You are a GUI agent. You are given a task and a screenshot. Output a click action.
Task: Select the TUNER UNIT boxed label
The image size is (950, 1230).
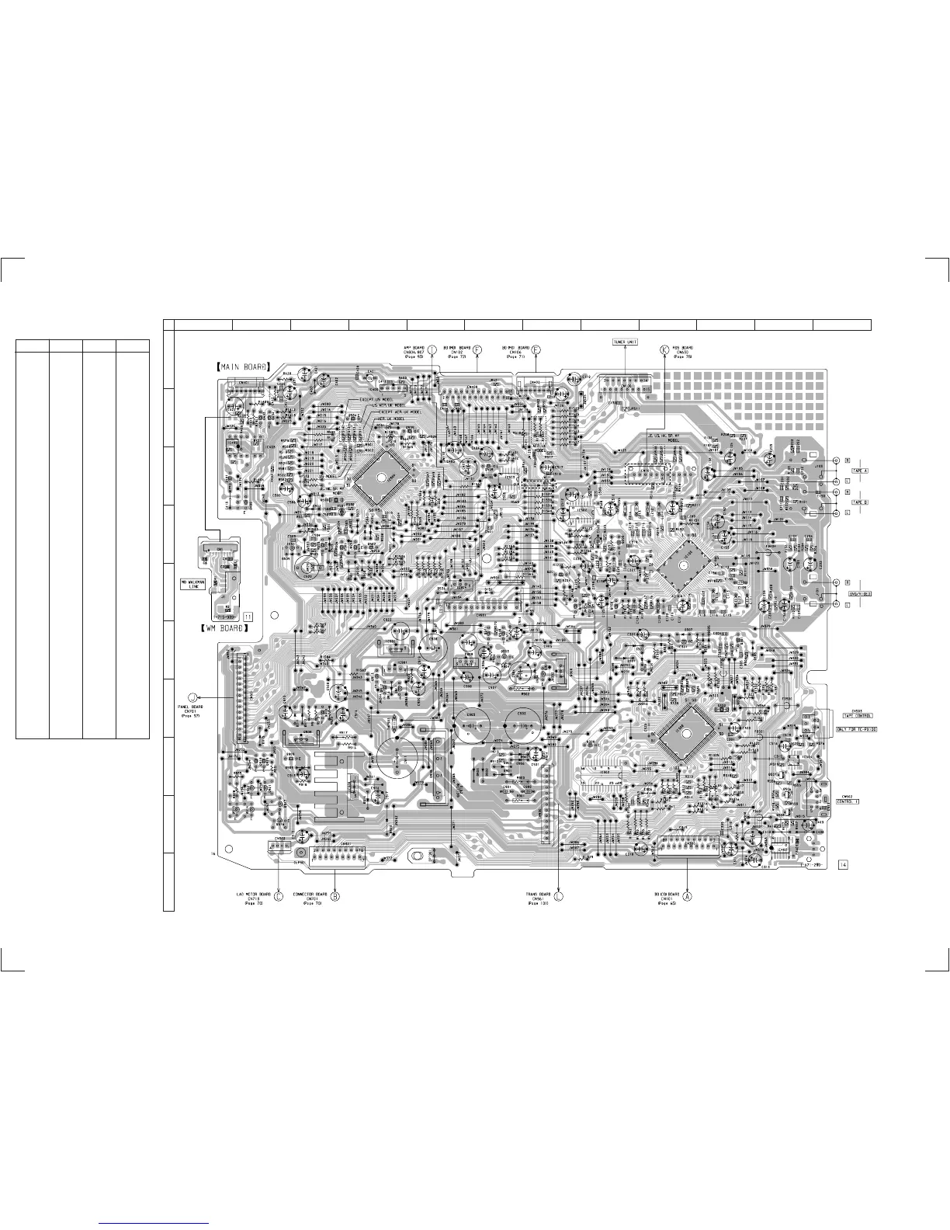point(626,341)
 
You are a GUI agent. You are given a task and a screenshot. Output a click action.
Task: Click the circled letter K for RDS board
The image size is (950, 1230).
point(664,349)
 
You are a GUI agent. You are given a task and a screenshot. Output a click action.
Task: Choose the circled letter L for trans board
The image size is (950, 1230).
point(559,895)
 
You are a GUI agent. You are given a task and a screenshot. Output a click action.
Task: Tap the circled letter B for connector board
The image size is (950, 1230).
point(335,895)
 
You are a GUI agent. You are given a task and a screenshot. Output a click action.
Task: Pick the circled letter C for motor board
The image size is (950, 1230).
point(277,895)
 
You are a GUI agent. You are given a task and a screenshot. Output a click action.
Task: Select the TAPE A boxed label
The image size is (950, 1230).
point(860,471)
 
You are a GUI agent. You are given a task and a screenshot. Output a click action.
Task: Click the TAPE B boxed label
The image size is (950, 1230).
point(860,502)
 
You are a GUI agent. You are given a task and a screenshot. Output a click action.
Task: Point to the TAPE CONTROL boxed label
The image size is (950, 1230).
point(857,715)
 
